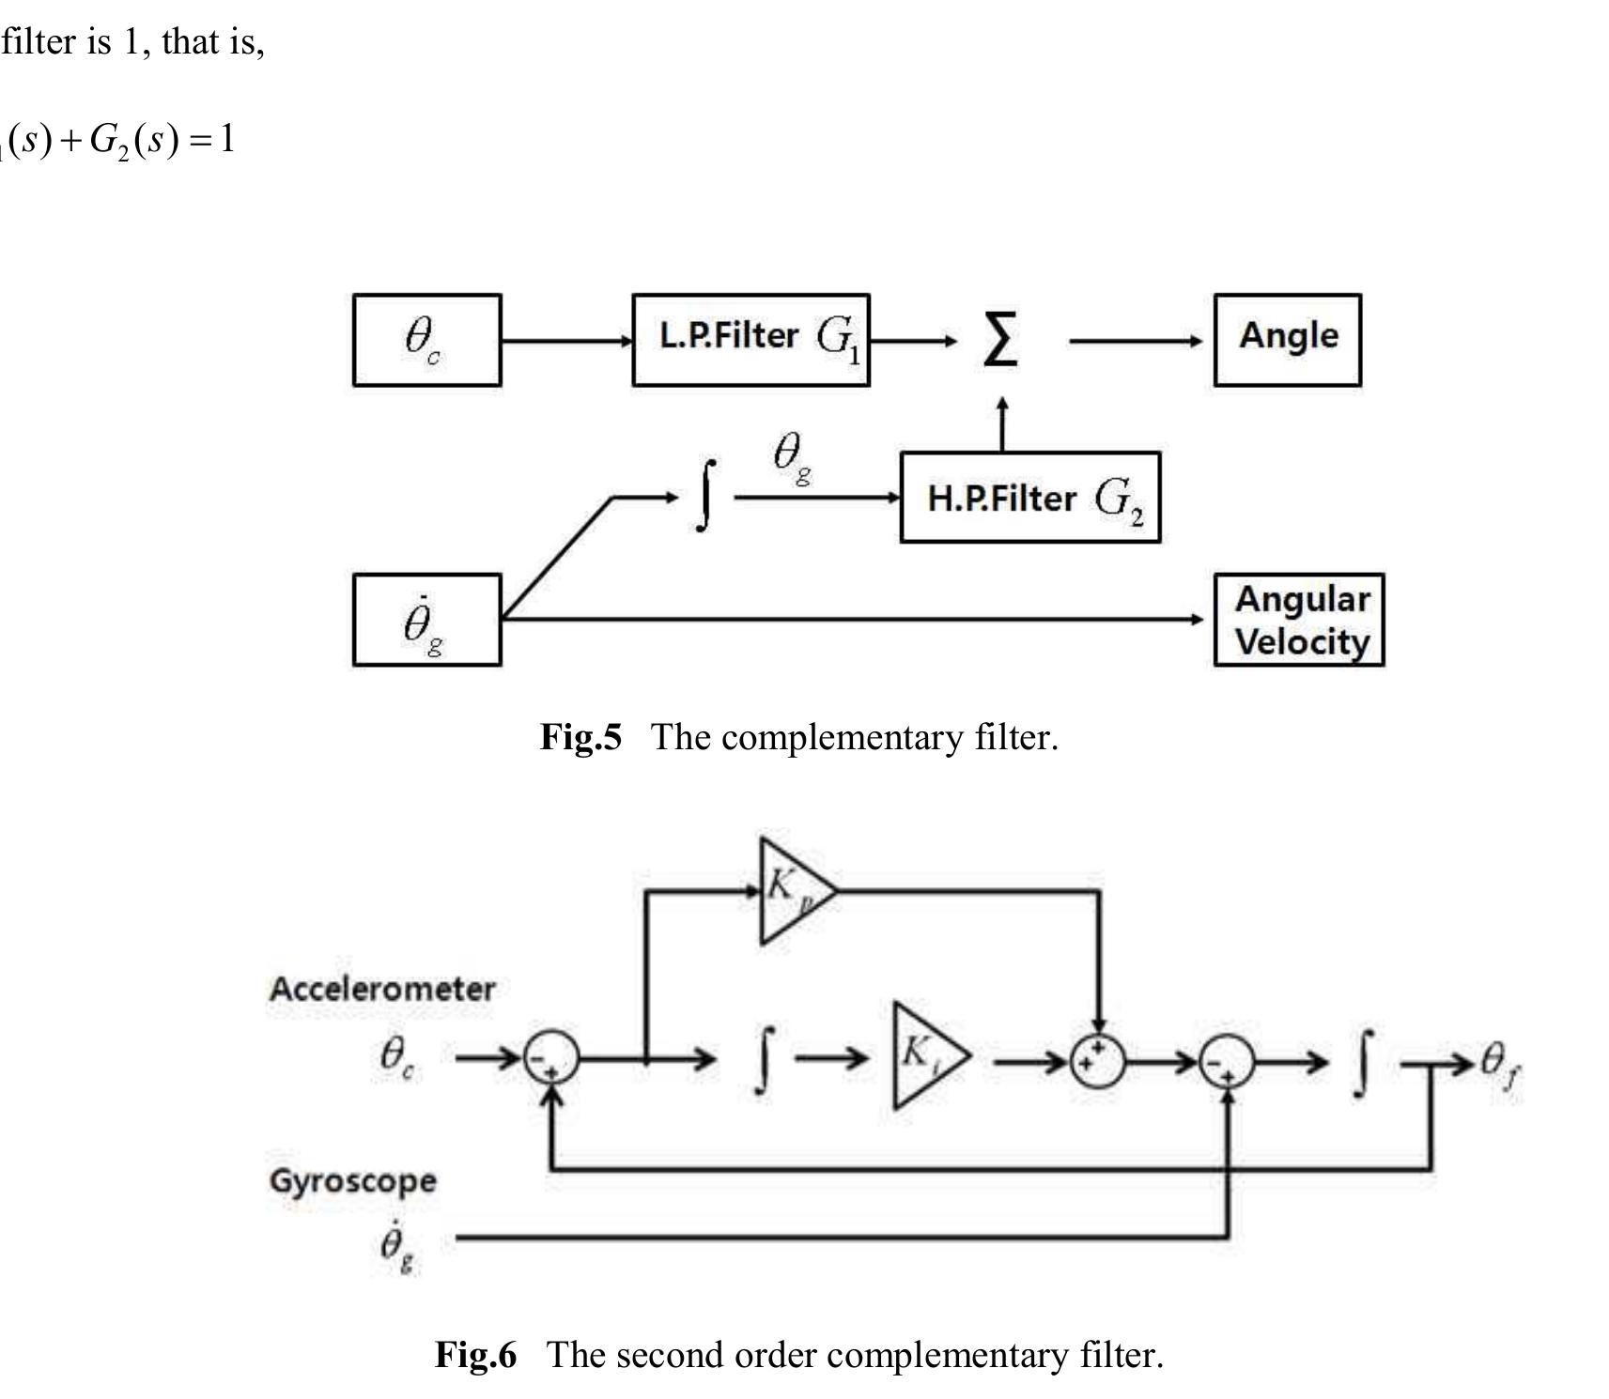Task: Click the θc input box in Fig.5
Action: (426, 340)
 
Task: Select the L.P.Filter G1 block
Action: (750, 340)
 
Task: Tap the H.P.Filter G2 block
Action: (1029, 498)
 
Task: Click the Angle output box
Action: (1287, 340)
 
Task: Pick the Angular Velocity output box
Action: (1299, 620)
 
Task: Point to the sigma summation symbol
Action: (999, 340)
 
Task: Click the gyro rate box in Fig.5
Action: (426, 620)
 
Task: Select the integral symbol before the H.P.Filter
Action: (706, 496)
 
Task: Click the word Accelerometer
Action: (381, 989)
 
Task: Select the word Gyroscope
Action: (352, 1180)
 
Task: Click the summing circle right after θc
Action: (550, 1059)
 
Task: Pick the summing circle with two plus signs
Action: (1097, 1060)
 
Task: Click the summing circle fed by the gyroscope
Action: (1228, 1060)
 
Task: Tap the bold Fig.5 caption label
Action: (580, 737)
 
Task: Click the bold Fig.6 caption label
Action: (475, 1355)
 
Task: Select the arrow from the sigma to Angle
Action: (1135, 341)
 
